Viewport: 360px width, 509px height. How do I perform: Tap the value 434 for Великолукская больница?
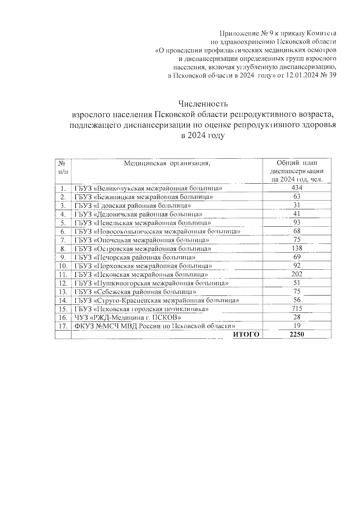297,188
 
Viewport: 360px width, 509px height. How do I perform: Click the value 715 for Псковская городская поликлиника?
297,309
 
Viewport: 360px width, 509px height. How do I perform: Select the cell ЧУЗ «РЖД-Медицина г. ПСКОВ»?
127,317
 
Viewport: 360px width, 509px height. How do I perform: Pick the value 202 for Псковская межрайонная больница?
297,274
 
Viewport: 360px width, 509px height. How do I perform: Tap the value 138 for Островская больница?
297,248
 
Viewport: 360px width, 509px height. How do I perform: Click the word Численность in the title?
203,104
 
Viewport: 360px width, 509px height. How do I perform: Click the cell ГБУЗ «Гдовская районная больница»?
133,205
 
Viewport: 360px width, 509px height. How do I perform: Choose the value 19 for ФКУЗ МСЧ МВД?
297,326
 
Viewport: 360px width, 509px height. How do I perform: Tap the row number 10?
63,266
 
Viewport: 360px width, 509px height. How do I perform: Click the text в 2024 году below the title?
203,136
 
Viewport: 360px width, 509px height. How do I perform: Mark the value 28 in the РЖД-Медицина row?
297,317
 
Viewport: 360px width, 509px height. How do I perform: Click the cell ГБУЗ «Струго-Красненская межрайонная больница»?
157,300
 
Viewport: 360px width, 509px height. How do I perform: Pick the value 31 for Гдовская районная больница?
297,205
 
